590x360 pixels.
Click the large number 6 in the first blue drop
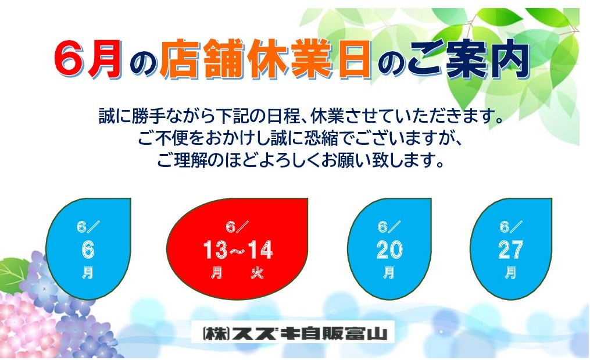coord(88,249)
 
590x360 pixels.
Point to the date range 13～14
coord(238,249)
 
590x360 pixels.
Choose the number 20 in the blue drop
coord(389,249)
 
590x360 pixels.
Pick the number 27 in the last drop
coord(510,249)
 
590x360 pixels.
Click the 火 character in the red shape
coord(258,273)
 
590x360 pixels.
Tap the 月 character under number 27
coord(510,273)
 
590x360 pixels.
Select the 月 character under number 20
coord(389,273)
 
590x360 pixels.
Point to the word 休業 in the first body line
coord(327,117)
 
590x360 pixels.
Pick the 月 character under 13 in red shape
coord(216,273)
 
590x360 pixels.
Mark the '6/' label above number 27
coord(510,227)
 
